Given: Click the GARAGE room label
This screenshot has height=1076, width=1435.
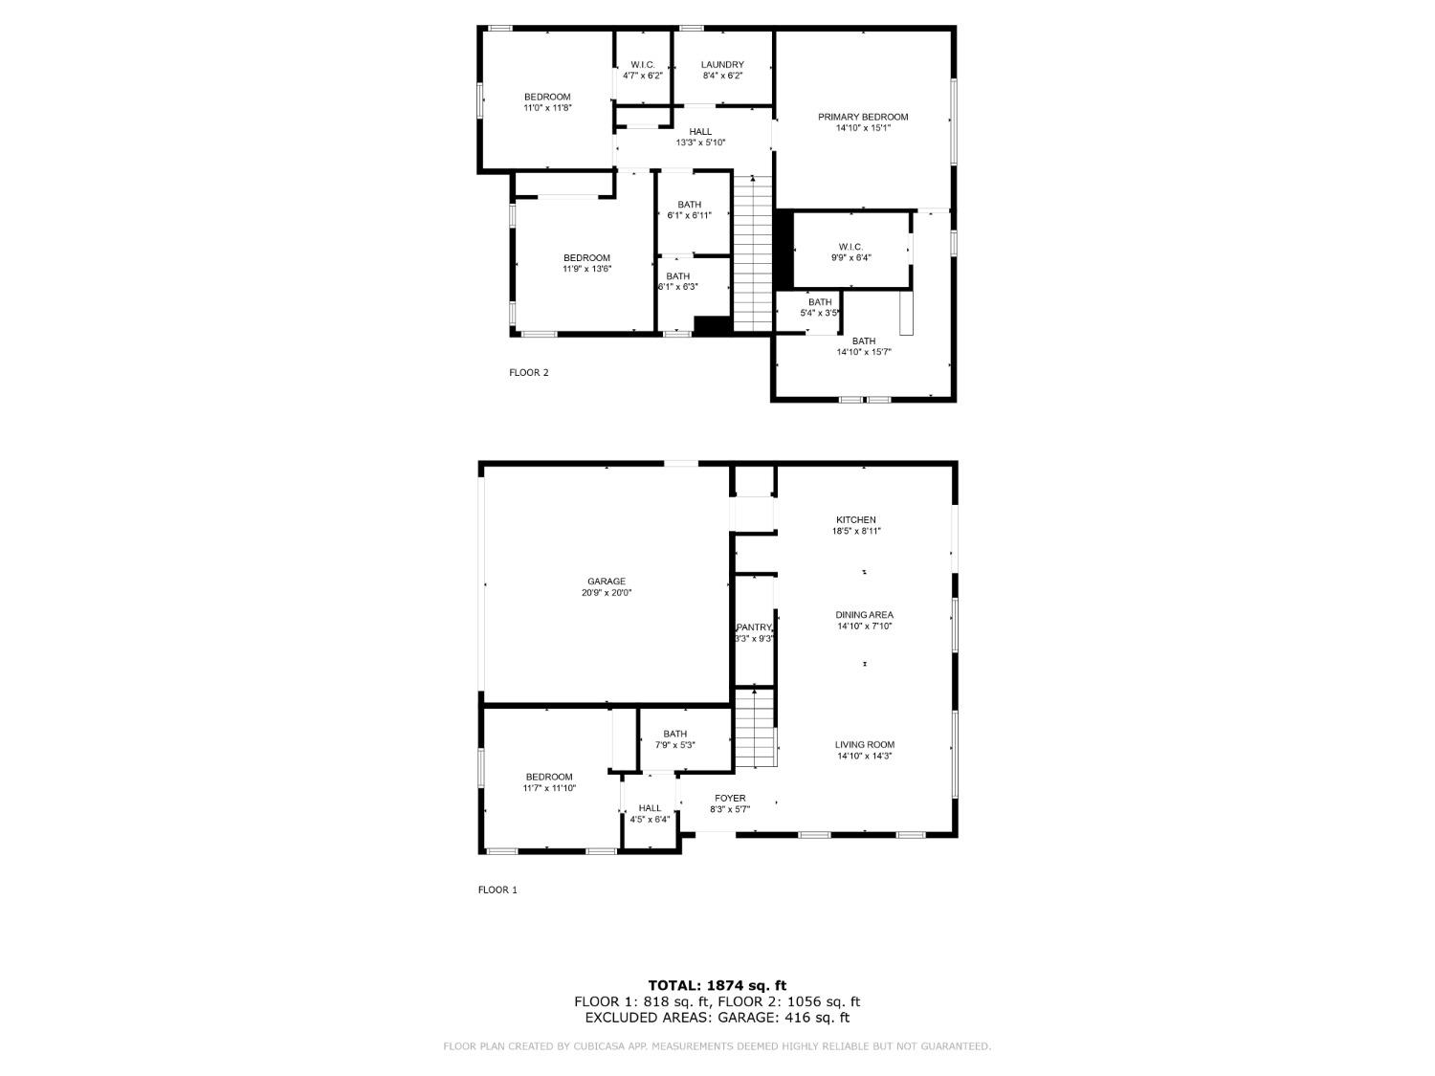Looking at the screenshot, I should tap(606, 582).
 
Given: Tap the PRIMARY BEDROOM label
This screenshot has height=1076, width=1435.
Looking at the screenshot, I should tap(863, 117).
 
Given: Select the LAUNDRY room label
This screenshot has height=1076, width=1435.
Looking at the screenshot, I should tap(722, 65).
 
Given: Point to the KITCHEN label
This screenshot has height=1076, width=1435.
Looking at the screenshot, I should tap(855, 520).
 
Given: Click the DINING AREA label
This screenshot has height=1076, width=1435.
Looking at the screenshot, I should tap(864, 615).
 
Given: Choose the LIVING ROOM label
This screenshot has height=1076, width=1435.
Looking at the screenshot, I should tap(864, 745).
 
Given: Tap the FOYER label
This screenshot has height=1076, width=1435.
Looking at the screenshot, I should tap(730, 799).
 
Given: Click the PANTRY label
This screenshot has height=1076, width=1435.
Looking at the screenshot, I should tap(754, 627).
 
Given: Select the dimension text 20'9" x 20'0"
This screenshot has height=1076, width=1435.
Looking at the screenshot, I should tap(606, 593).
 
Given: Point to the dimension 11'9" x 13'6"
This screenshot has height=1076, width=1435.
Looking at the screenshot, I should tap(586, 269).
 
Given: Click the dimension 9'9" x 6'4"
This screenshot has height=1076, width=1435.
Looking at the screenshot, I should tap(850, 257).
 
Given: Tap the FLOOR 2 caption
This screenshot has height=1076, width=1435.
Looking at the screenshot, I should tap(528, 373).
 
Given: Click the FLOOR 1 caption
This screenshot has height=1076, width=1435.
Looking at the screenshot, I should tap(497, 889).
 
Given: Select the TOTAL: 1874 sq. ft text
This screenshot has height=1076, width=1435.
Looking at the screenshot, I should tap(717, 985).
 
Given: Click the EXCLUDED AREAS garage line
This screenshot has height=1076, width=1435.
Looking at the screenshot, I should tap(717, 1018).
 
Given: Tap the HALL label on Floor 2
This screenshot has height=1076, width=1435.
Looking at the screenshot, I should tap(700, 132).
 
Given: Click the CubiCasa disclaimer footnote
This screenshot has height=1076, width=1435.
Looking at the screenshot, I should tap(717, 1046).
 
